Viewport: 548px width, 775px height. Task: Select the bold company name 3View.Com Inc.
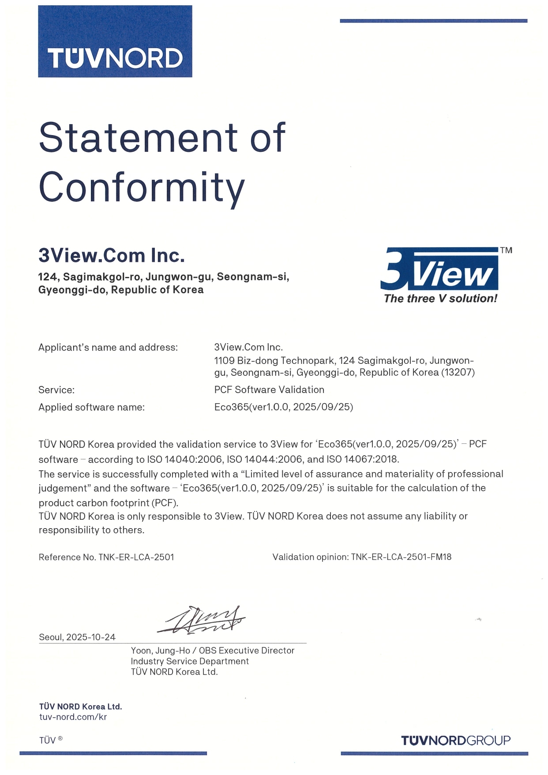coord(111,255)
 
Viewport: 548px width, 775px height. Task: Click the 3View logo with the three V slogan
coord(439,275)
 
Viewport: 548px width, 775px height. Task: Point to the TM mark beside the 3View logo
coord(506,250)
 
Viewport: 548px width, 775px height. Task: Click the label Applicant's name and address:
coord(108,348)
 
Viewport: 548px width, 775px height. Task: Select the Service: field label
coord(56,390)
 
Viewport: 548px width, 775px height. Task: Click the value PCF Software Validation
coord(269,389)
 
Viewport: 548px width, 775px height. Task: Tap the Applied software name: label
coord(91,407)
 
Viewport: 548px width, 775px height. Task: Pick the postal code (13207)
coord(458,372)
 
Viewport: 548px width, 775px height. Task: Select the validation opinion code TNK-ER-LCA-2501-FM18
coord(401,557)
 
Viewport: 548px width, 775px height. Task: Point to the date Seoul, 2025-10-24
coord(77,637)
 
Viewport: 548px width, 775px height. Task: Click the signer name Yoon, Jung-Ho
coord(160,650)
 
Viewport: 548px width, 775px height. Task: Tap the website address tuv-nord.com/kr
coord(73,717)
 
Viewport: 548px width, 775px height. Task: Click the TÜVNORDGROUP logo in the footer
coord(455,741)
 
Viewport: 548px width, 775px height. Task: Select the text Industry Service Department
coord(190,661)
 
